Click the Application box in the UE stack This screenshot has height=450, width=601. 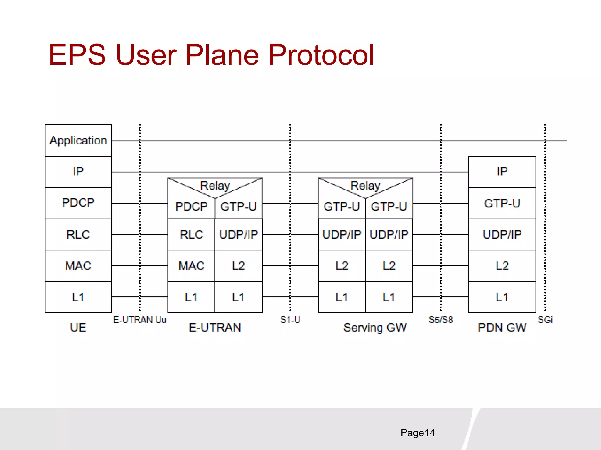pos(78,140)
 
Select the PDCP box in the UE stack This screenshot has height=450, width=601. pos(78,203)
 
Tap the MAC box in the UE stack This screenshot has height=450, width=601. pos(78,266)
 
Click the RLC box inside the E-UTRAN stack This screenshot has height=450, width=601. pos(191,234)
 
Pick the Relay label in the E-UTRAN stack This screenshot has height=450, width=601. pos(215,185)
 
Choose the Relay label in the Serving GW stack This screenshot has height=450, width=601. pos(365,185)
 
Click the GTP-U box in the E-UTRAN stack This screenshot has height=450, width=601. pos(238,207)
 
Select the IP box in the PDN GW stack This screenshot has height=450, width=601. pos(502,172)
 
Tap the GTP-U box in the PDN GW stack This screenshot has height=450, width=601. pos(502,203)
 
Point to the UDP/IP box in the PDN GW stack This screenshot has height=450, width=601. pos(502,234)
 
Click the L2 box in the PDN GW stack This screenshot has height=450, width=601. pos(502,266)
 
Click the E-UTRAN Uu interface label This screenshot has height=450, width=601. pos(140,320)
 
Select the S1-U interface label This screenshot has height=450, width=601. pos(290,320)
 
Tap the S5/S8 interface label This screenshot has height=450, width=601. pos(440,320)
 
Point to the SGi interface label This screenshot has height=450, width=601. pos(545,320)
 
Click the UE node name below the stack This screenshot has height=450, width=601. pos(78,328)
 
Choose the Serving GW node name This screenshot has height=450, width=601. pos(375,328)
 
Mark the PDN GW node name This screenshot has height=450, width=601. pos(502,328)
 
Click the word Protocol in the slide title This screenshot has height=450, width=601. pos(321,55)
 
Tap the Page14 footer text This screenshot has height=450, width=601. pos(418,433)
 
